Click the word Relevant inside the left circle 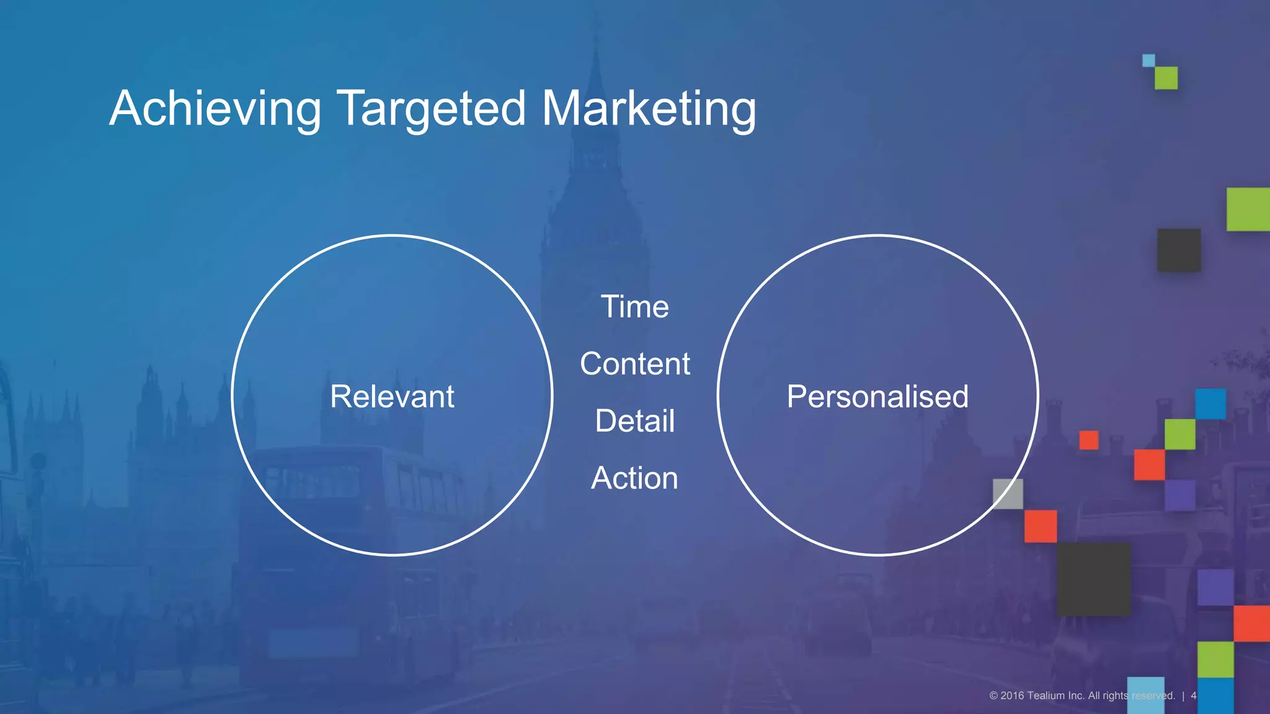[392, 397]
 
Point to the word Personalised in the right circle [877, 397]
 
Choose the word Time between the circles [635, 307]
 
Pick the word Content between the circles [635, 364]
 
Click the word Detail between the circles [635, 421]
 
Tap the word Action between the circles [635, 478]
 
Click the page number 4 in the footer [1193, 695]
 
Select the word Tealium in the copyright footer [1046, 695]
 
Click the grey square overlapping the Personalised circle [1008, 493]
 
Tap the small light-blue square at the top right [1148, 60]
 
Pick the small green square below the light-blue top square [1166, 78]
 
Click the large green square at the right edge [1248, 209]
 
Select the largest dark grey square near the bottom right [1093, 579]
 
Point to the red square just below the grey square [1041, 526]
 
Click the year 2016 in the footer [1012, 695]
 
